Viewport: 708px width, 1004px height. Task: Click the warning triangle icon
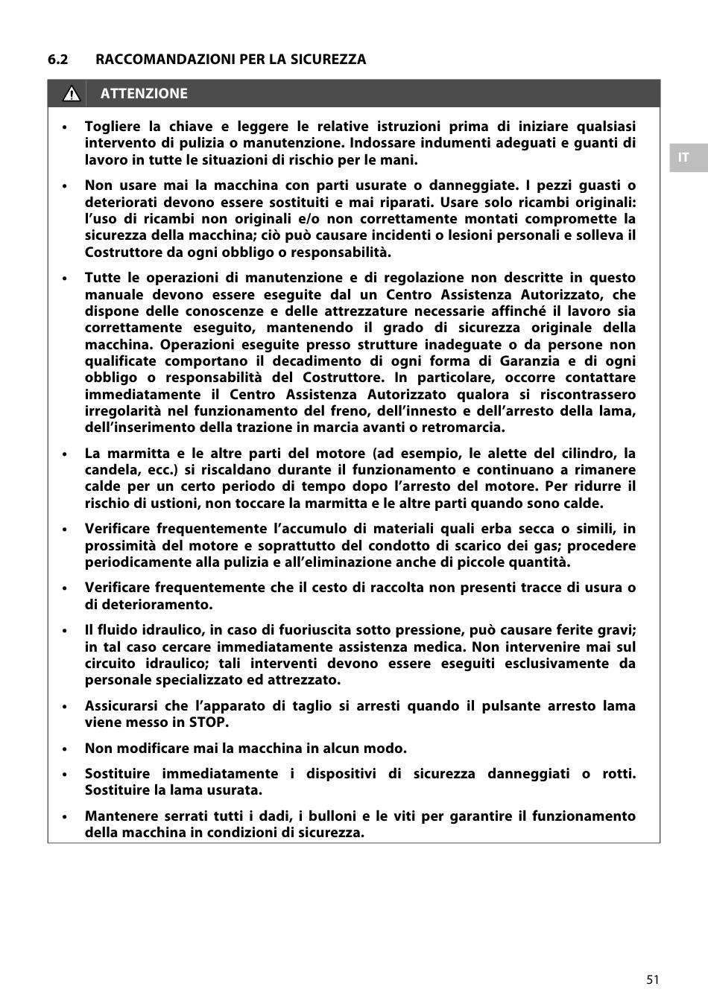[72, 94]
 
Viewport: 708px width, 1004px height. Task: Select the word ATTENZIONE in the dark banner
[144, 94]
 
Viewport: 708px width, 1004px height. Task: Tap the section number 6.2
[58, 60]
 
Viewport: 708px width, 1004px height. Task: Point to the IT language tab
[683, 158]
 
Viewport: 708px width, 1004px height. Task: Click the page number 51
[653, 979]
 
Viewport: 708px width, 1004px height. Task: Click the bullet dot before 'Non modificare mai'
[66, 749]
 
